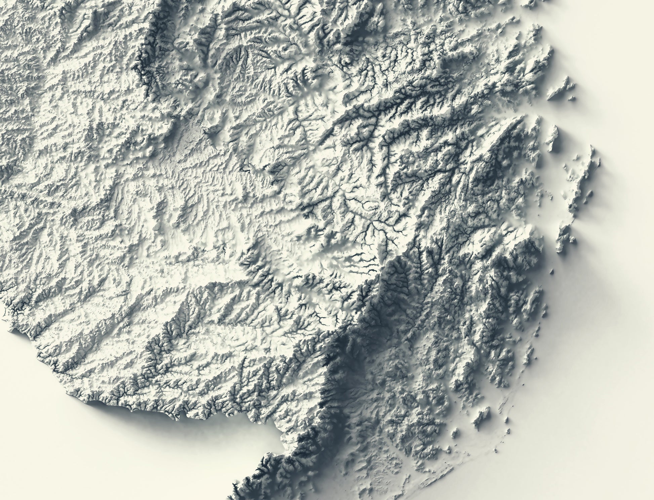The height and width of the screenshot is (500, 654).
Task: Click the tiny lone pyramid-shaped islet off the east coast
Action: pos(552,271)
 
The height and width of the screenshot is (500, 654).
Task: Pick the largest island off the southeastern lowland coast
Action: pos(483,413)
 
